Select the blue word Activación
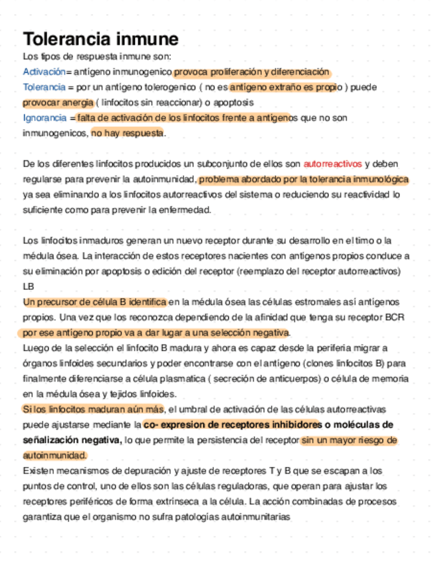tap(44, 71)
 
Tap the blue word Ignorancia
tap(44, 118)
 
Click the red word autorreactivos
tap(332, 163)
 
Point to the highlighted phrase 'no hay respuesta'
tap(127, 134)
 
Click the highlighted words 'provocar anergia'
tap(58, 102)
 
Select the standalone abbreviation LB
tap(28, 287)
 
